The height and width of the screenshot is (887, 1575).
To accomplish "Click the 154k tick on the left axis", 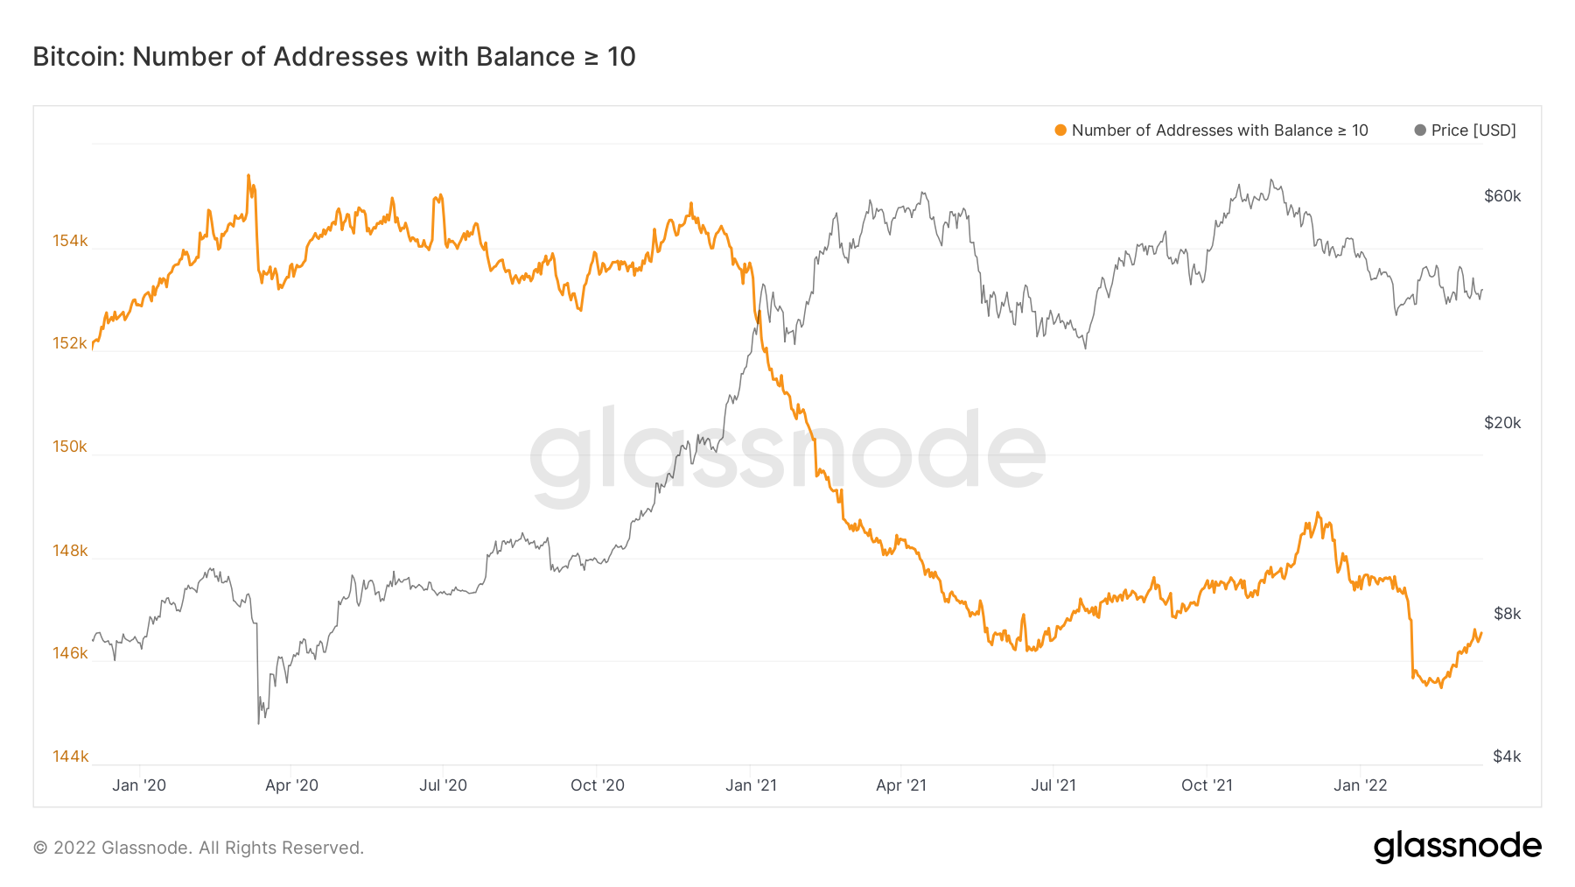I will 70,241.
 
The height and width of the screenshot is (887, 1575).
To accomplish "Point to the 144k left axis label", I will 70,757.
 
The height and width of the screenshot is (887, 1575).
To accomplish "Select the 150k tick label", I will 70,447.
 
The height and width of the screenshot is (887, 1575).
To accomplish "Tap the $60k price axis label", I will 1502,196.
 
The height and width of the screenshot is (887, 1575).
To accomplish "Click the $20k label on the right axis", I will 1502,423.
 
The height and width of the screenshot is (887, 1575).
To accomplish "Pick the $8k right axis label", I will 1507,614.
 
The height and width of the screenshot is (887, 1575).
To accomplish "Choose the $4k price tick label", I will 1507,757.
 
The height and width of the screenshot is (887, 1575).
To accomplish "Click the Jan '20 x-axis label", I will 139,785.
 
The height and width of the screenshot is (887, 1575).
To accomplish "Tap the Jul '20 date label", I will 443,785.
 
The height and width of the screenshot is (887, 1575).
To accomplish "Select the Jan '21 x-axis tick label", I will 751,785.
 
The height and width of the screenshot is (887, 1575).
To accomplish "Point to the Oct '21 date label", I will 1207,785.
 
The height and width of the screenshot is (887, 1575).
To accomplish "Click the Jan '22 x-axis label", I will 1360,785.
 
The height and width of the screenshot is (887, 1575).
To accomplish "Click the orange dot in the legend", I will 1060,130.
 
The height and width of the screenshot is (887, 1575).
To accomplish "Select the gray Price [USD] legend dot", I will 1420,130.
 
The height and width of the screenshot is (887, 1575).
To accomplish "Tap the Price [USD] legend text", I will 1473,130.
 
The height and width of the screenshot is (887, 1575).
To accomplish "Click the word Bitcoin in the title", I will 79,57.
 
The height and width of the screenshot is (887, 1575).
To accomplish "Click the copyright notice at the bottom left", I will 199,848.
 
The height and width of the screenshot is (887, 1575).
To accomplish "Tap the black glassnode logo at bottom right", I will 1457,847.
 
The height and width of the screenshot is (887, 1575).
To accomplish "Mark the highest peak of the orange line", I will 248,176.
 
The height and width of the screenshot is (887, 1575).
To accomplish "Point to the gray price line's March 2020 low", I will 259,722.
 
